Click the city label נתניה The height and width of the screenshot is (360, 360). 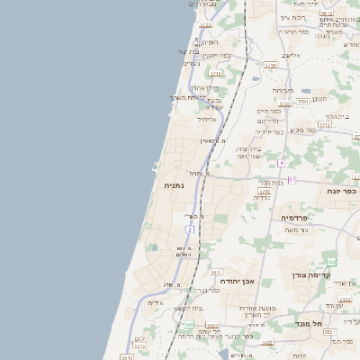point(175,185)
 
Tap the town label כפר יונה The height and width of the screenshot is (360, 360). point(343,190)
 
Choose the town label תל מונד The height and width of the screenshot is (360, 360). point(310,322)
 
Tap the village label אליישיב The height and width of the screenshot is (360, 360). point(291,55)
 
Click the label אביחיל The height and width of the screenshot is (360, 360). point(206,118)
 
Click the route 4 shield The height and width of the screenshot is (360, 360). point(281,162)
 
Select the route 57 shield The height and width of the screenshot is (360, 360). point(292,180)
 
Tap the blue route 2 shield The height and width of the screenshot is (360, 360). point(190,230)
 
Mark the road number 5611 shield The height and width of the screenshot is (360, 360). point(216,272)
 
